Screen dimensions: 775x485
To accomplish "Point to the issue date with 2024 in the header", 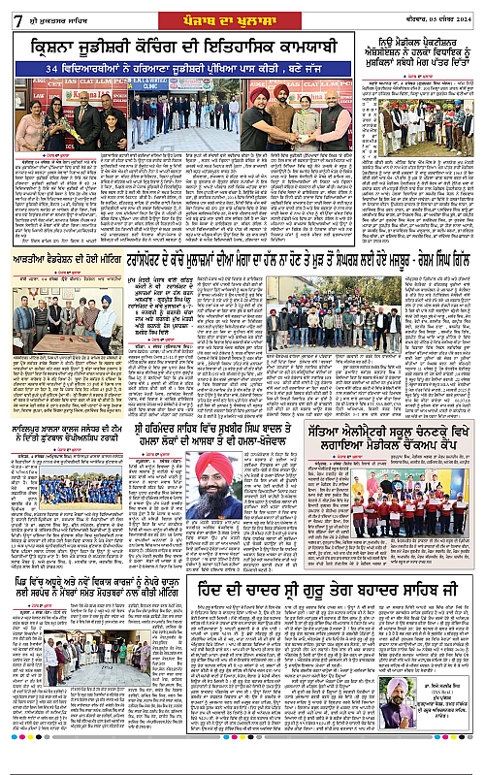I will tap(441, 14).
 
